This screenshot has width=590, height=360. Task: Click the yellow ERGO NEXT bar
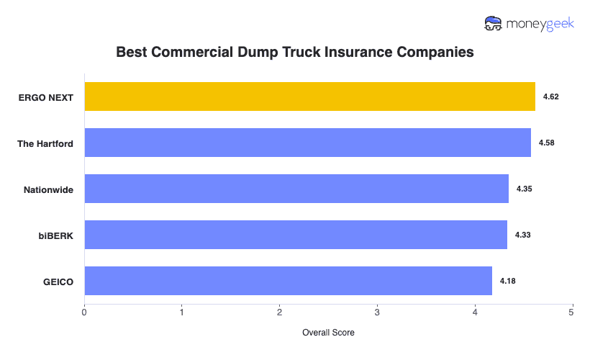309,96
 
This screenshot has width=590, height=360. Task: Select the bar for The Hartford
307,143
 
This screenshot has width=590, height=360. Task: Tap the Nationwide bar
296,189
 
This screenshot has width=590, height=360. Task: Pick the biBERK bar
296,235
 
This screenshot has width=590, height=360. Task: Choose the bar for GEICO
288,281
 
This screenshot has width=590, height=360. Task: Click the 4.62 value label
551,96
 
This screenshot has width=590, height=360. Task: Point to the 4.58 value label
546,143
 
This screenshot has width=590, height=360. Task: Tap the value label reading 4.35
524,189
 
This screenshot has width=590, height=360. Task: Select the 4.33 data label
523,235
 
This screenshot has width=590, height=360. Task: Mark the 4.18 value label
508,281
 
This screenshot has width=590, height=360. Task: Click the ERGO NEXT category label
46,97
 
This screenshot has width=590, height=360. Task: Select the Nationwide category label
49,189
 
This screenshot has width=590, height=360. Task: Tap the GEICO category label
58,282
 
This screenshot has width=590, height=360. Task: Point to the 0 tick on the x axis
84,312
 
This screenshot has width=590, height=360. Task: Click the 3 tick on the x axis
377,312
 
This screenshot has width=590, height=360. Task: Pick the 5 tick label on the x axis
571,312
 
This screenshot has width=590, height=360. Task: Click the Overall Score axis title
328,333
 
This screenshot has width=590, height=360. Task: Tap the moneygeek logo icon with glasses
494,24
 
